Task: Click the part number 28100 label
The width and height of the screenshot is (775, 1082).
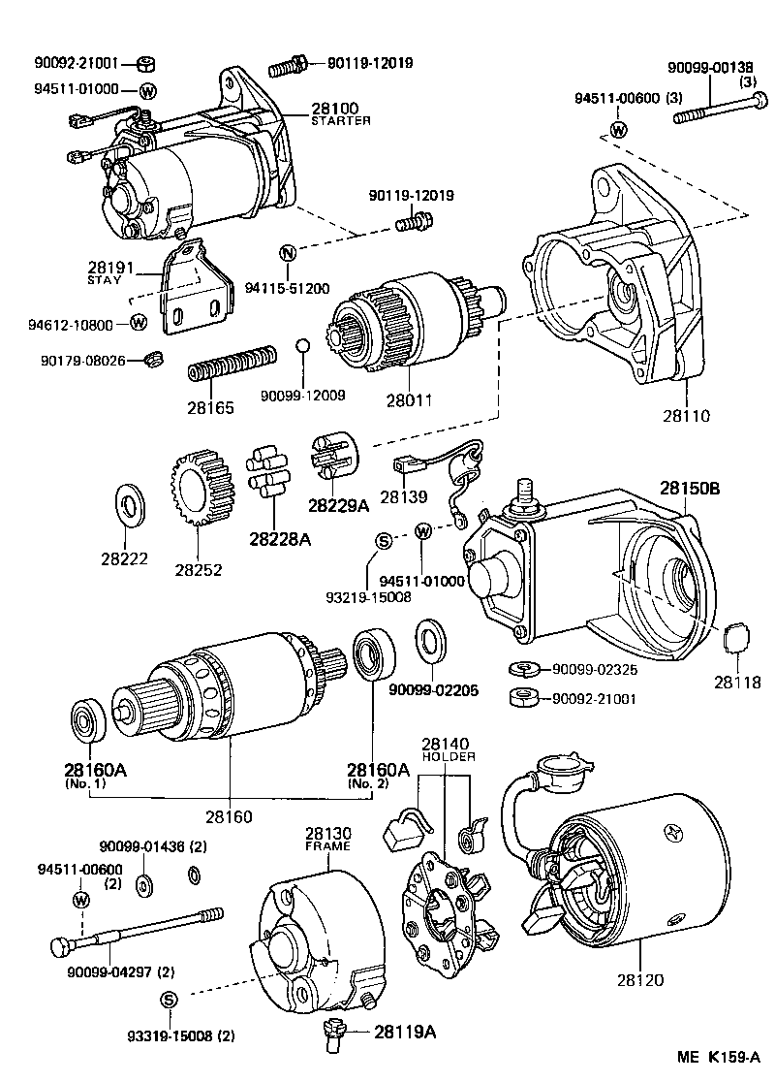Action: point(334,108)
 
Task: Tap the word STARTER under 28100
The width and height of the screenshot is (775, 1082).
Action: point(341,121)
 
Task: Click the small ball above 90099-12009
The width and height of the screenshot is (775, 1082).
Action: point(302,347)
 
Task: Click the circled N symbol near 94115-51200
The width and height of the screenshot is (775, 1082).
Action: point(287,253)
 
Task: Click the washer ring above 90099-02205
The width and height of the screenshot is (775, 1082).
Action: point(430,648)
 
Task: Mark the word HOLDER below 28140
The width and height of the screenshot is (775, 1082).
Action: point(448,756)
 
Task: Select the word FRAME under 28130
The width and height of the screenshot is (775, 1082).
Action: point(326,846)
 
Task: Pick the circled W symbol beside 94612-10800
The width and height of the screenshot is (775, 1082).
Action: point(138,322)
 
